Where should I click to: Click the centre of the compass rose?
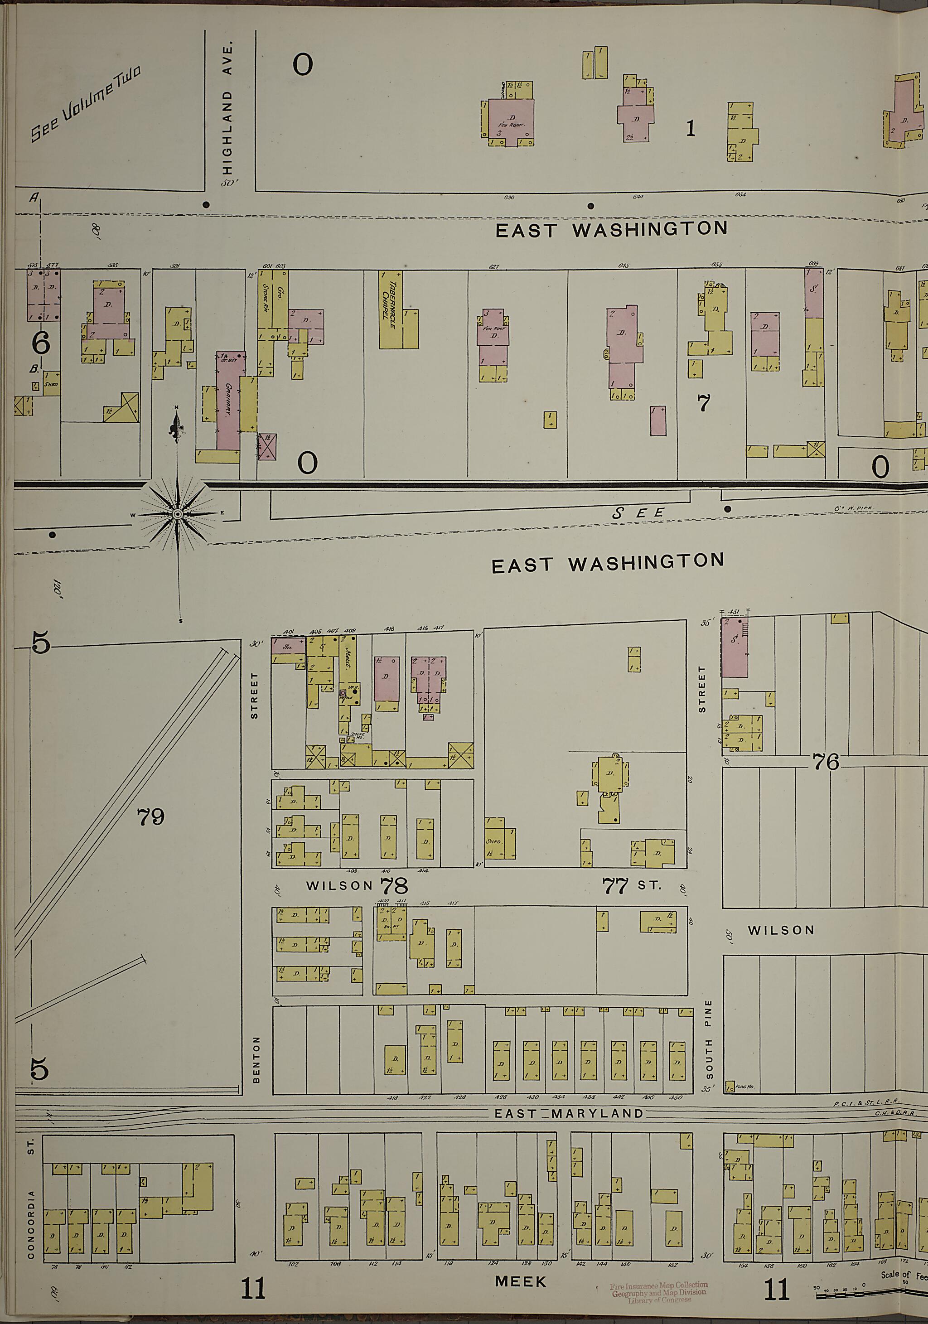coord(178,514)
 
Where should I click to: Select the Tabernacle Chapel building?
coord(391,309)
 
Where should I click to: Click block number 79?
coord(150,817)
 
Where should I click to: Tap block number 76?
coord(825,762)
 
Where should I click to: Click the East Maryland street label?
coord(569,1113)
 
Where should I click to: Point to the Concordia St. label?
coord(31,1210)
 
